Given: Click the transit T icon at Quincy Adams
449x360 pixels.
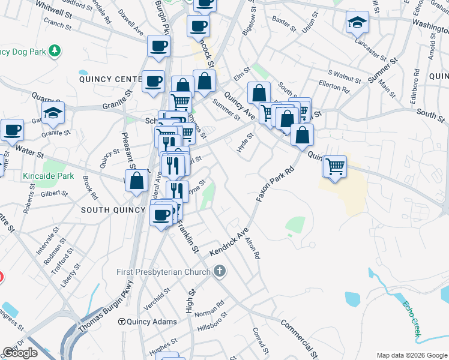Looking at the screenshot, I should (122, 321).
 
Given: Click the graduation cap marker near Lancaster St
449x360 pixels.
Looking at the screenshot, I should (357, 23).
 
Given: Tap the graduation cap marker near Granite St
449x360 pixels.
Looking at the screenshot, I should (53, 112).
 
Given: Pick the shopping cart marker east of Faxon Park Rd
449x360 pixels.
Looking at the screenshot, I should (336, 166).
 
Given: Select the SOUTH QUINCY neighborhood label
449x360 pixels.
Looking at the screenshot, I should (113, 210).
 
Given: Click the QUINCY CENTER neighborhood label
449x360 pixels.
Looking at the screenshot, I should (109, 79).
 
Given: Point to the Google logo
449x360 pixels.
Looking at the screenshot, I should (20, 353).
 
